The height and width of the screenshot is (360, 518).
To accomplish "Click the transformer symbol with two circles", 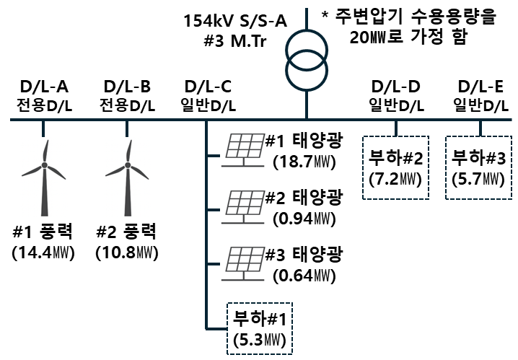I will point(307,58).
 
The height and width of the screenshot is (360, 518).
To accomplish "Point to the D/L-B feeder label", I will point(128,87).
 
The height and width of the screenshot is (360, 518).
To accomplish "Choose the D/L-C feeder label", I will point(208,87).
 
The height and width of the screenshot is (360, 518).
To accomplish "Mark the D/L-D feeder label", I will point(395,87).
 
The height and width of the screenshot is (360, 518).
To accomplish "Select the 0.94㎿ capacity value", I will point(304,216).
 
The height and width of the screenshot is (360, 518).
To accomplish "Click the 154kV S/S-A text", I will point(235,19).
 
